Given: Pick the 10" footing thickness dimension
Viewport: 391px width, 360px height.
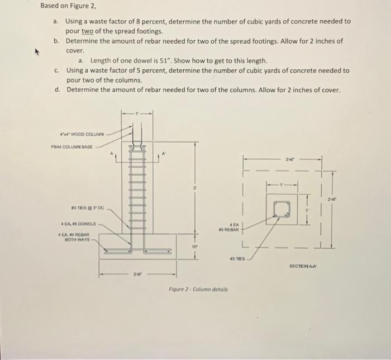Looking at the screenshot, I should click(x=194, y=261).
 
